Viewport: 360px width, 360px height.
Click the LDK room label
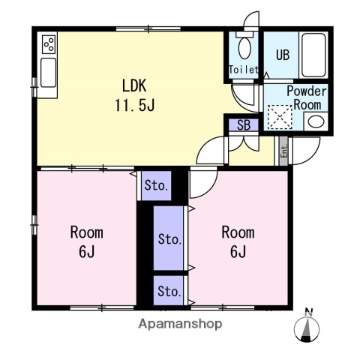(x=134, y=85)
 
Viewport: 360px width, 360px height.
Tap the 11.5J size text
(x=135, y=105)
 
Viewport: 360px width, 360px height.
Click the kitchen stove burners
(x=49, y=44)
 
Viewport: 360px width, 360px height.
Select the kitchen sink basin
(x=48, y=73)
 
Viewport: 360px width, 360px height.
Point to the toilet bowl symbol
(x=244, y=48)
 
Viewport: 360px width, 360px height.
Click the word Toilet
(x=244, y=70)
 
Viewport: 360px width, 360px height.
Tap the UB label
(x=283, y=55)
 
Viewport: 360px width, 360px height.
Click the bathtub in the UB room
(x=313, y=55)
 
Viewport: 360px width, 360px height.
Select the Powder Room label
(x=307, y=97)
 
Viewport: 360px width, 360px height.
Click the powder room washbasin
(x=316, y=121)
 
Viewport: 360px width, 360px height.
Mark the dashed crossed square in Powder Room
(x=280, y=117)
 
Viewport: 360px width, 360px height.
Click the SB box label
(x=244, y=125)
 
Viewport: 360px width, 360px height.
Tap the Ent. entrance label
(x=284, y=151)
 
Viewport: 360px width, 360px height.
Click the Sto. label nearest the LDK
(x=156, y=186)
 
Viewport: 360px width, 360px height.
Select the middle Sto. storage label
(x=170, y=239)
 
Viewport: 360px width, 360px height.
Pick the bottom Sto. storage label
(x=169, y=291)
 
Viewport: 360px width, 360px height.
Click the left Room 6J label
(x=86, y=241)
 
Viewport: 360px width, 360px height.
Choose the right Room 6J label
(x=238, y=241)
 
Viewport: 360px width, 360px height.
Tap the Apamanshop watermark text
(x=180, y=324)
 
